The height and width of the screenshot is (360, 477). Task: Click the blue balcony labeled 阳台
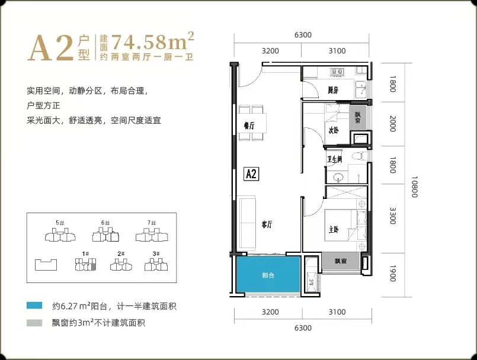(x=268, y=275)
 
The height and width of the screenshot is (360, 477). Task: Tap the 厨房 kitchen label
(x=333, y=90)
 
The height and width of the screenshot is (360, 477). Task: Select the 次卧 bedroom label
(x=334, y=130)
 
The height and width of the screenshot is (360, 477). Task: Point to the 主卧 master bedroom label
(x=334, y=229)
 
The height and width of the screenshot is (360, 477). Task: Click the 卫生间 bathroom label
(x=335, y=159)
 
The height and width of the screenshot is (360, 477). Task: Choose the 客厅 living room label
(x=267, y=224)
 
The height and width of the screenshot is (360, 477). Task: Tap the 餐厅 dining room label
(x=249, y=126)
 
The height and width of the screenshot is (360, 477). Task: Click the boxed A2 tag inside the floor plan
(x=251, y=174)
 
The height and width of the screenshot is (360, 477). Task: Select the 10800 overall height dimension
(x=414, y=187)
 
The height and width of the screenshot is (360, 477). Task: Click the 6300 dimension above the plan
(x=303, y=35)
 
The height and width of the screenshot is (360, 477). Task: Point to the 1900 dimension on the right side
(x=393, y=274)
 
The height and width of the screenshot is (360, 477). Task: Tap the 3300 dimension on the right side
(x=393, y=216)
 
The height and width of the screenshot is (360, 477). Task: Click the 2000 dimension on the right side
(x=393, y=123)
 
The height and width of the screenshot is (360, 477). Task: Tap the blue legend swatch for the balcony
(x=34, y=306)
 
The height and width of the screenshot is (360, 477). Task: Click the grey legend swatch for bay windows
(x=34, y=323)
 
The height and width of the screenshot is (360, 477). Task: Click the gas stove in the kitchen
(x=337, y=72)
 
